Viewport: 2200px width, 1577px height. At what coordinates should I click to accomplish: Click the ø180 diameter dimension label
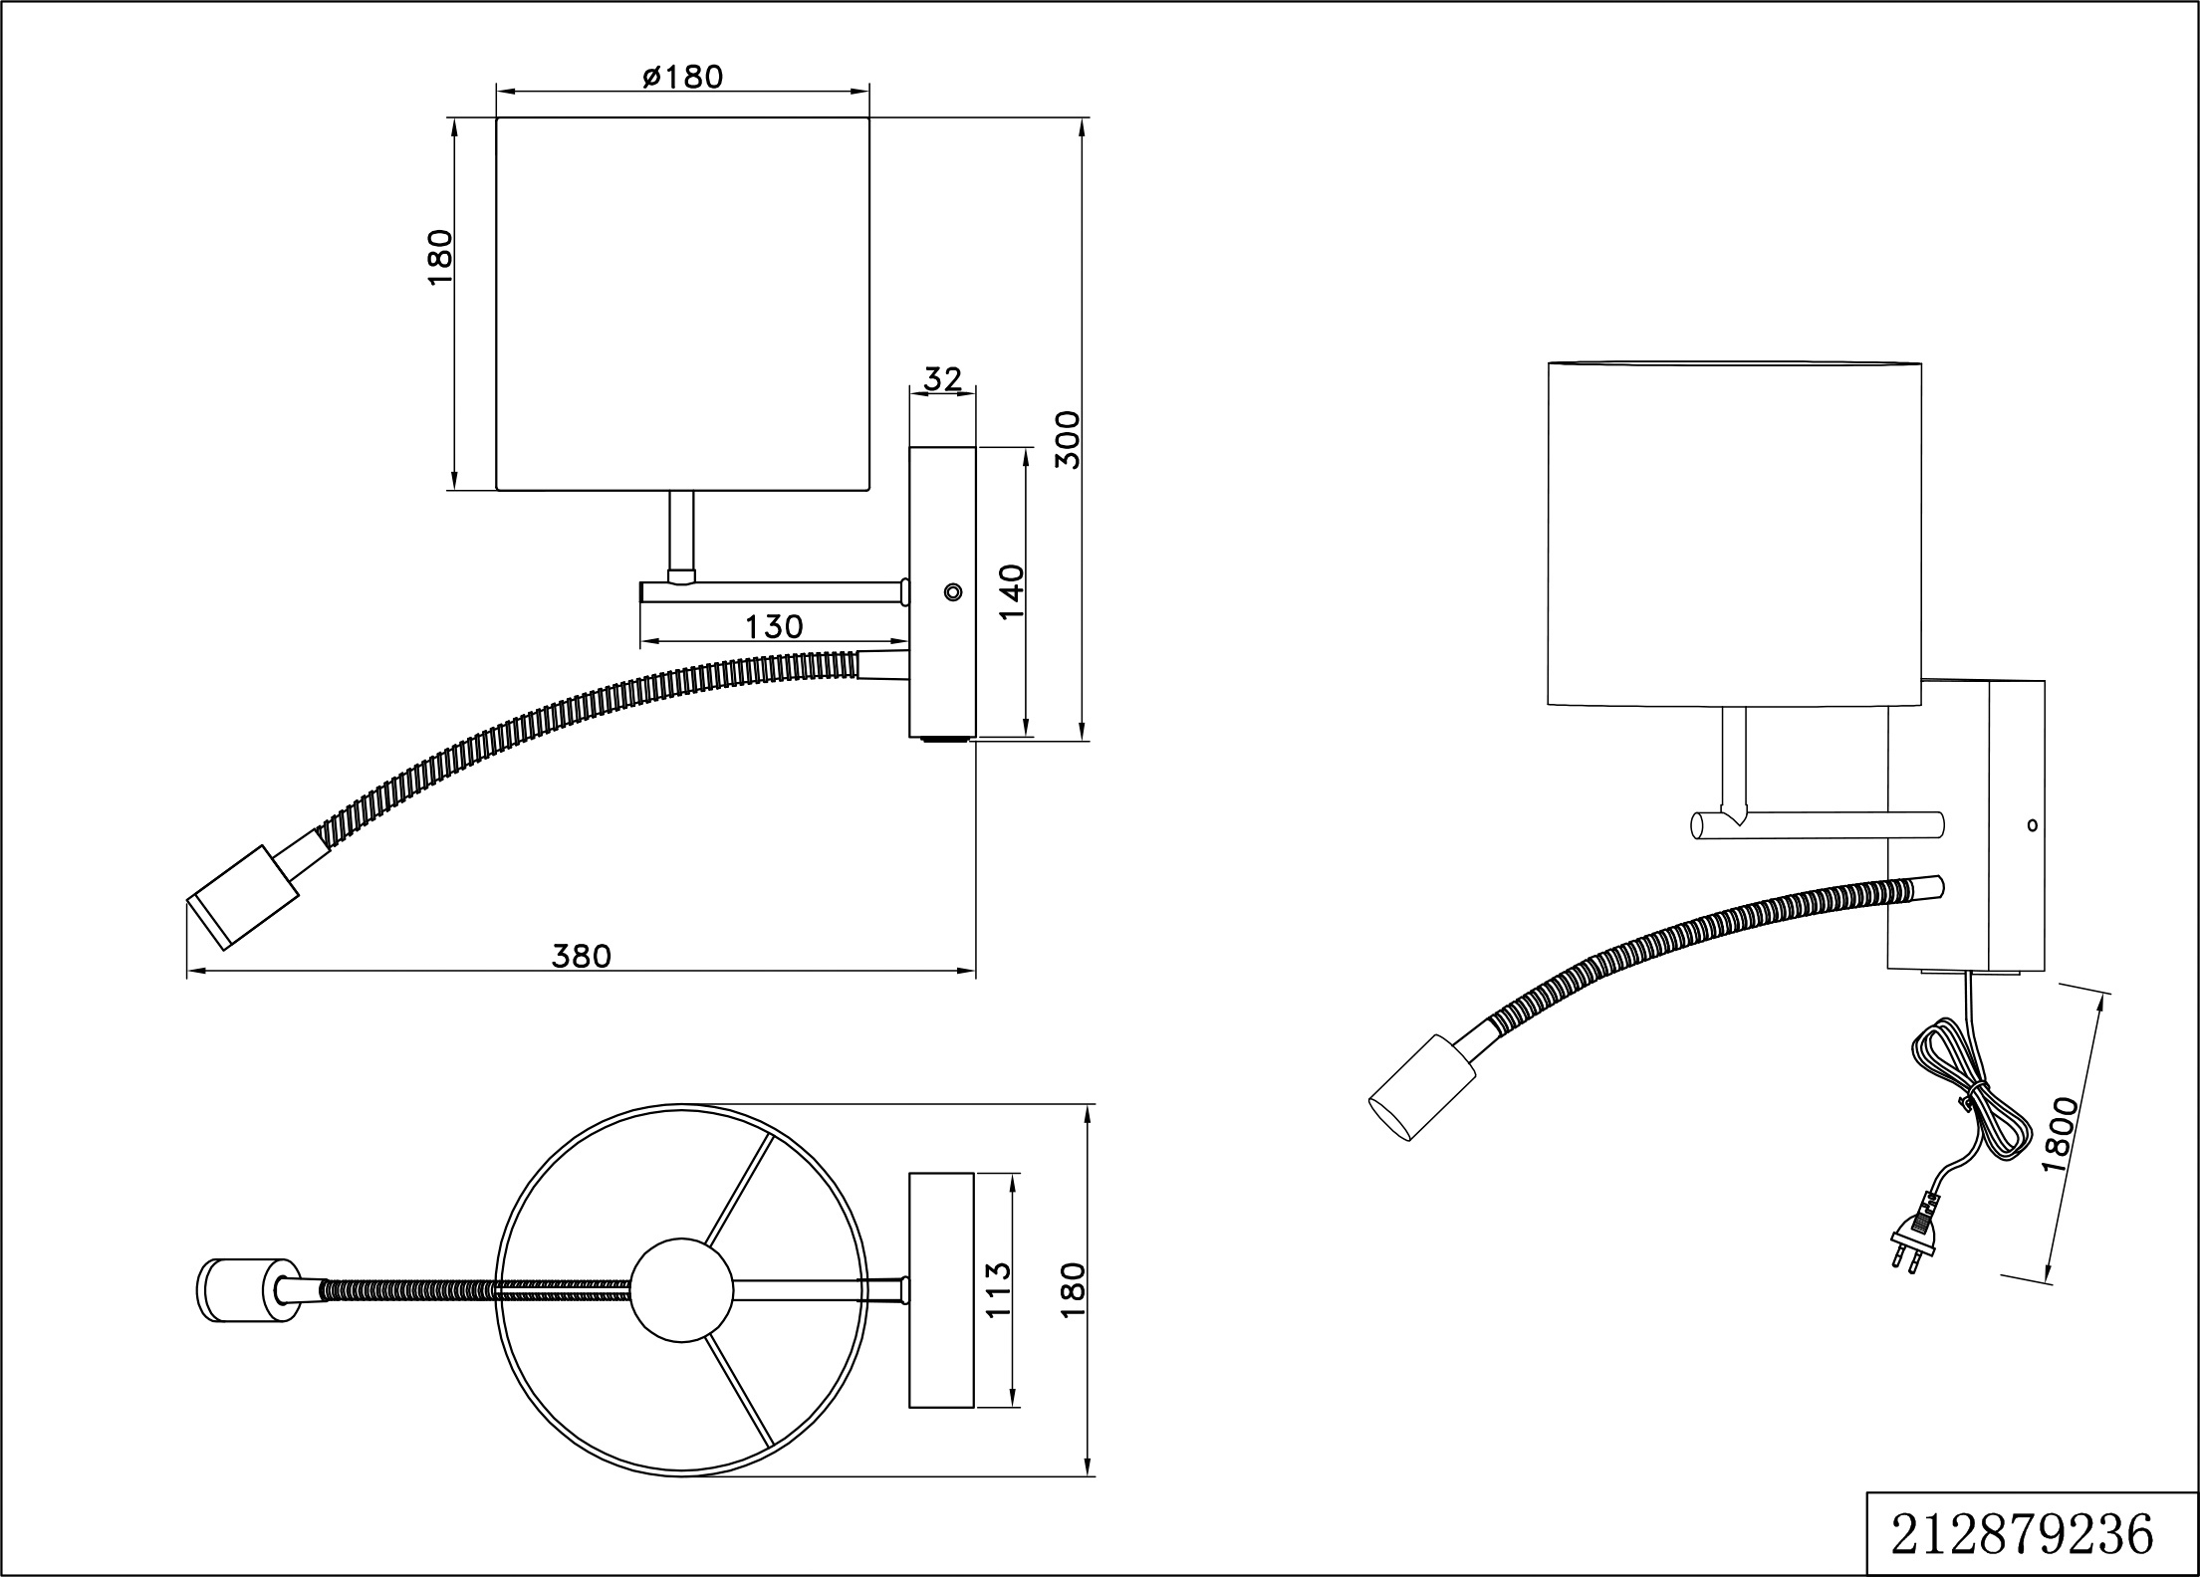(682, 77)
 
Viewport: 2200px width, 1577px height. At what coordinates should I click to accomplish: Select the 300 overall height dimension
(1067, 439)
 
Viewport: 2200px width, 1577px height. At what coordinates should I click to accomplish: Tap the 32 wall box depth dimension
(942, 378)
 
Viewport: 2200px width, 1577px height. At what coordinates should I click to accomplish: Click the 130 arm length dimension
(774, 626)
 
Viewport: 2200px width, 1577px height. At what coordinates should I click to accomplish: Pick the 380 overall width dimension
(582, 956)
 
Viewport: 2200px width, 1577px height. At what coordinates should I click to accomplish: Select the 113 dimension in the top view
(997, 1290)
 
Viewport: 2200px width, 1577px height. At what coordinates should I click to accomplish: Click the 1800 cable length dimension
(2060, 1134)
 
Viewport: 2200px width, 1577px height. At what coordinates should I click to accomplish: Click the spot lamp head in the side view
(242, 896)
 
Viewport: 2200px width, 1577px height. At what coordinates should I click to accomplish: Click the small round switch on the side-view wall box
(953, 592)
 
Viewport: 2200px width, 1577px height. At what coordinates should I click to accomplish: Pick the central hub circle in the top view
(682, 1289)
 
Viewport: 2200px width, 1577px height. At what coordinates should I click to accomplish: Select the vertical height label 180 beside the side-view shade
(439, 258)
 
